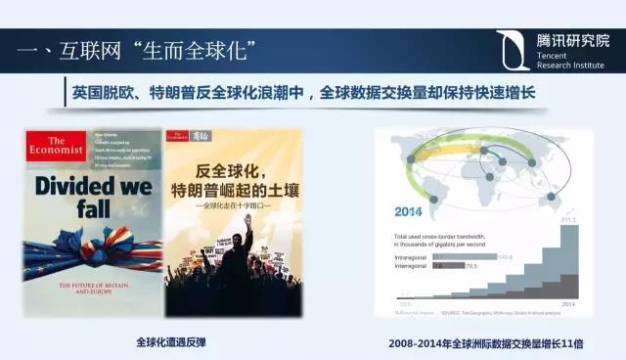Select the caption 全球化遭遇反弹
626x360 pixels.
(x=169, y=341)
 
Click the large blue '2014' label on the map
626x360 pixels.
(x=411, y=210)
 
